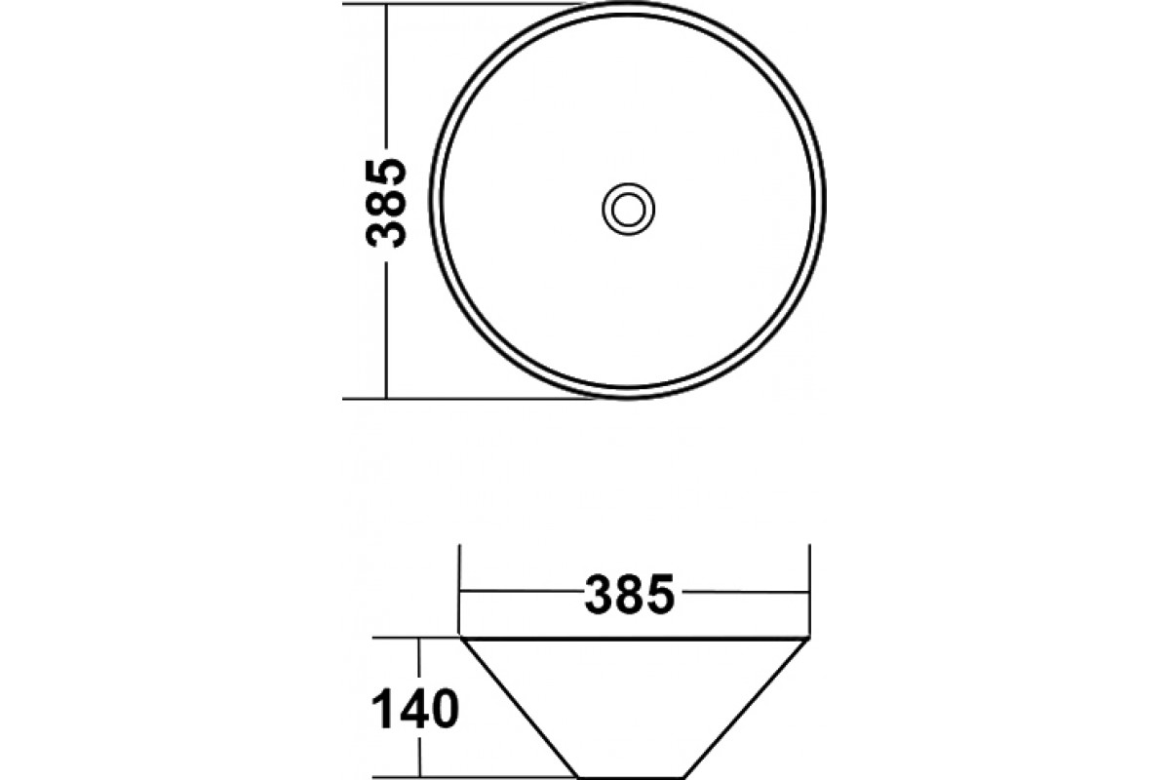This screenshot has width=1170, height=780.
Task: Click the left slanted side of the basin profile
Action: (521, 710)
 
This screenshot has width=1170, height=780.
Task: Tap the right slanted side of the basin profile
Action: (748, 710)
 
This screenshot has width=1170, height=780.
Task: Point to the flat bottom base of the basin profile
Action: (635, 777)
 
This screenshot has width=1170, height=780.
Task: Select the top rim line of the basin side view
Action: (635, 641)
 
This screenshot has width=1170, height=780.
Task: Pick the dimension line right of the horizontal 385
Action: (744, 592)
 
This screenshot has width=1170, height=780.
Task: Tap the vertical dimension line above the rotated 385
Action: (387, 78)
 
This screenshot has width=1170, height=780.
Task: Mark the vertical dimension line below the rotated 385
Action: (387, 327)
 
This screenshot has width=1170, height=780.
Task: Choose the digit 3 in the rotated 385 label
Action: (385, 233)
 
